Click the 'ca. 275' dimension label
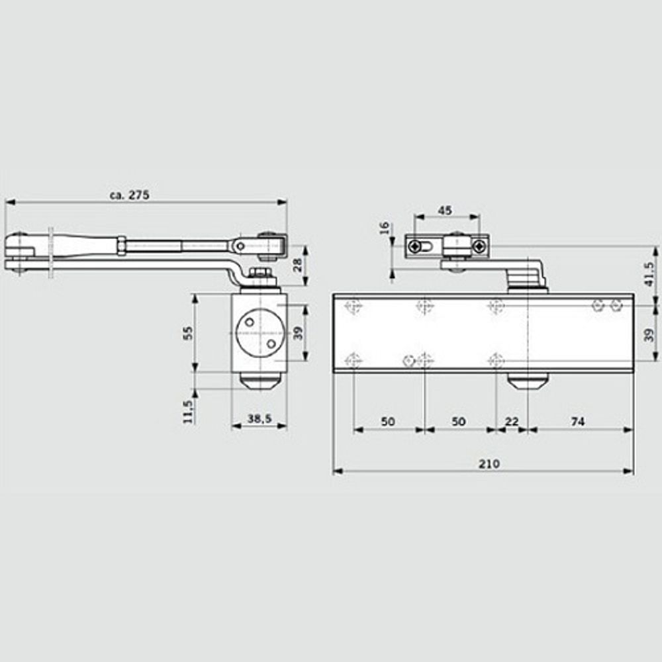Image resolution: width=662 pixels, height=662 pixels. [x=130, y=195]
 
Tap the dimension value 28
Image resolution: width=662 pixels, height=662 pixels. [x=297, y=265]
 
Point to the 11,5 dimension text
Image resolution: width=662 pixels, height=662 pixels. [x=188, y=410]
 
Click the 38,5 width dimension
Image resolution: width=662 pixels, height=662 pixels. [x=259, y=419]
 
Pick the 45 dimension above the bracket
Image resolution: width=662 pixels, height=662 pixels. [x=446, y=211]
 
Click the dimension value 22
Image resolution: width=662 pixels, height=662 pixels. [x=512, y=422]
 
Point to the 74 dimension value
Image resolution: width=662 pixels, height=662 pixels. [x=577, y=422]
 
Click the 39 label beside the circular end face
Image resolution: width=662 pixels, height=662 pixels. [x=298, y=332]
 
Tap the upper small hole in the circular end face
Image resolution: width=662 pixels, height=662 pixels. [x=249, y=322]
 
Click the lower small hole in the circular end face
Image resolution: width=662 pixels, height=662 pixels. [x=271, y=344]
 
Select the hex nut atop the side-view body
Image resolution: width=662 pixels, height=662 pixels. [x=260, y=273]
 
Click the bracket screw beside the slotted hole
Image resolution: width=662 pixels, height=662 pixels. [x=415, y=247]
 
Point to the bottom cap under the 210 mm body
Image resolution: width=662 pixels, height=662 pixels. [x=528, y=382]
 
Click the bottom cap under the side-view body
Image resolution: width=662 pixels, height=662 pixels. [x=260, y=382]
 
